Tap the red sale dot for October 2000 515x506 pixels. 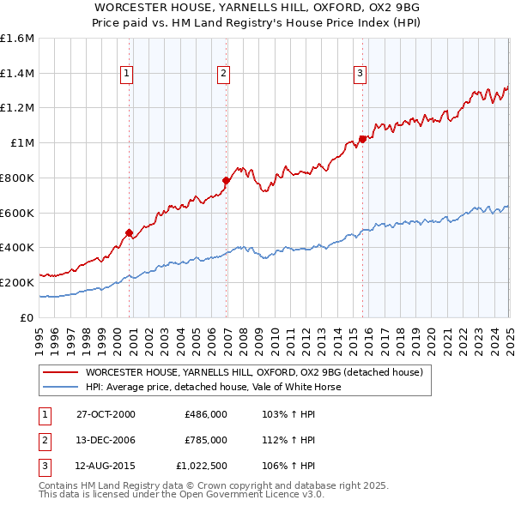[x=130, y=232]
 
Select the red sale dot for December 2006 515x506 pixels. [x=227, y=180]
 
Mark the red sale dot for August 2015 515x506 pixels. [x=362, y=139]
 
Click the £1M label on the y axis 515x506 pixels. [x=23, y=143]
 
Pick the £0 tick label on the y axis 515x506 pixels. [x=28, y=317]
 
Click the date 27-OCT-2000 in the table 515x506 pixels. [x=106, y=414]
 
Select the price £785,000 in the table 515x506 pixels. [x=205, y=440]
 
